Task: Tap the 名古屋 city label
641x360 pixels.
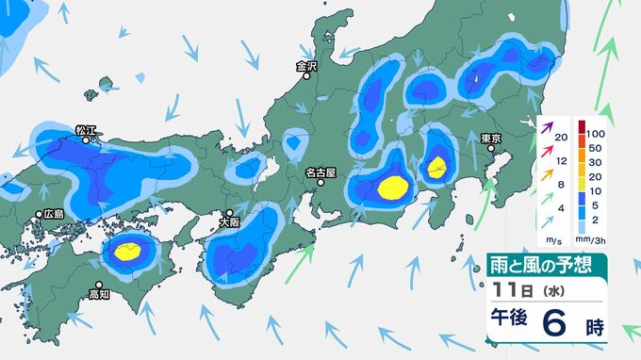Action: point(320,172)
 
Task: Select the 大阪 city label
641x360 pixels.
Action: point(229,223)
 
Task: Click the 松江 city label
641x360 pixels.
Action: point(86,128)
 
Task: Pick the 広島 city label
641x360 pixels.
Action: point(55,214)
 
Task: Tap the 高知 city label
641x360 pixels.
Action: point(99,295)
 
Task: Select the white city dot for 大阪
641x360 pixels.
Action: point(229,213)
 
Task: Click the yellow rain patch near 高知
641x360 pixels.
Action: point(130,250)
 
